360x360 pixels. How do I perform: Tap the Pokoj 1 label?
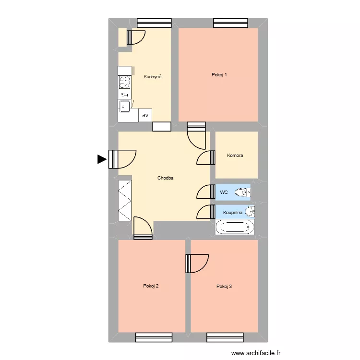click(219, 74)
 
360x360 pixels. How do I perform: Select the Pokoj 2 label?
click(151, 286)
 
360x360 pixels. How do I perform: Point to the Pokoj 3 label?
click(224, 287)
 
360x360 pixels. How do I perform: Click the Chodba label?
click(165, 178)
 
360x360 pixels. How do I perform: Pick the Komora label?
click(235, 155)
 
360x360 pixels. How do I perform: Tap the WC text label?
click(224, 192)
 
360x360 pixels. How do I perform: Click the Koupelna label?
click(232, 212)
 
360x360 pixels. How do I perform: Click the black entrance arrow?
click(102, 159)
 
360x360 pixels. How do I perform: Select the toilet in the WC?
click(243, 193)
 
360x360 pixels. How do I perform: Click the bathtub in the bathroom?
click(235, 227)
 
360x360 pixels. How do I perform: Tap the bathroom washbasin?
click(250, 211)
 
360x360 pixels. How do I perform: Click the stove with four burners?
click(125, 82)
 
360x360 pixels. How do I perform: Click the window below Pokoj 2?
click(154, 337)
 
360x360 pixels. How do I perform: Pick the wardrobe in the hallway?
click(125, 200)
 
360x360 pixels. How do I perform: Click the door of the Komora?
click(206, 158)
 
